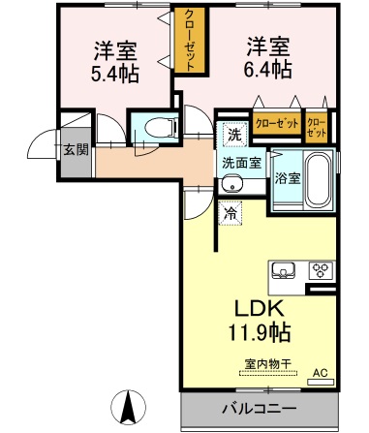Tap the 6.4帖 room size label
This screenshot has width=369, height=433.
click(267, 69)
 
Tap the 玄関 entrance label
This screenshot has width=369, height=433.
click(75, 149)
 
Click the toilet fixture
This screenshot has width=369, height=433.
click(155, 127)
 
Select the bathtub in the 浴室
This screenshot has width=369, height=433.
click(316, 178)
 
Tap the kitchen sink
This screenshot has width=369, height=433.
click(284, 269)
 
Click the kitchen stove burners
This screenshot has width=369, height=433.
click(321, 270)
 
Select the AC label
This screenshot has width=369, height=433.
click(319, 370)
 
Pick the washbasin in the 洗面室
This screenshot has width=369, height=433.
click(231, 184)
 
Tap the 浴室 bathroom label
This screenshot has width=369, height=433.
click(288, 179)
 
